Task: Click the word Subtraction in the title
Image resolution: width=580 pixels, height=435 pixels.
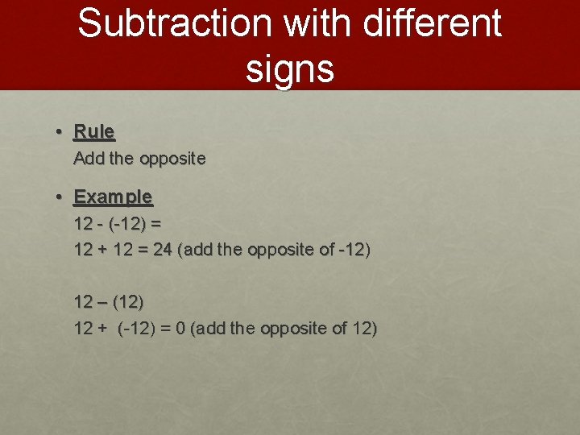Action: pos(172,23)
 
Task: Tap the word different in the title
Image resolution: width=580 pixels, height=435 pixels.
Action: pos(433,23)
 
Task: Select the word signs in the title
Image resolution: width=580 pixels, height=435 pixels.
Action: pos(290,68)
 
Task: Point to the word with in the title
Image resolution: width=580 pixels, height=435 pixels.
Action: pos(318,23)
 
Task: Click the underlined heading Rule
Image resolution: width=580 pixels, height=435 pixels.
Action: pos(94,131)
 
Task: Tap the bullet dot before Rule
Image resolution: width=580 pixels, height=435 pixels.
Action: pos(60,131)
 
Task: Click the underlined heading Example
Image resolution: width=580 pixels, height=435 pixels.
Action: pos(113,197)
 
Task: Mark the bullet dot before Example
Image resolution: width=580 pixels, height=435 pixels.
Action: pos(60,197)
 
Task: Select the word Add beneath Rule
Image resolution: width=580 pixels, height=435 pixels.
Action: pos(89,159)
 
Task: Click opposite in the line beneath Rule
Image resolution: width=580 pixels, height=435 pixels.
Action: pos(172,159)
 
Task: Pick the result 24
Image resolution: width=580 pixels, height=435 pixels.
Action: pos(163,250)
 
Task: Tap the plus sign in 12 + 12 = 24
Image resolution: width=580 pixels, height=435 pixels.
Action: pos(102,250)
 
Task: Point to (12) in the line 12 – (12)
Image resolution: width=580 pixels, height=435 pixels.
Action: pos(129,302)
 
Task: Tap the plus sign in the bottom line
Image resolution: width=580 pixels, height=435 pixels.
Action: pos(102,329)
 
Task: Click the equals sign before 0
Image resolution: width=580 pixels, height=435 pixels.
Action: pos(166,329)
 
